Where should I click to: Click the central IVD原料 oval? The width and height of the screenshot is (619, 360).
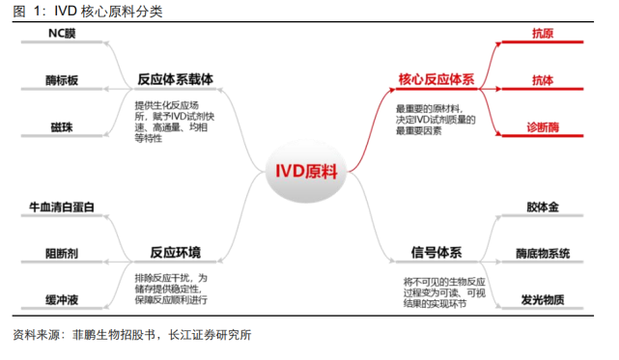[x=307, y=172]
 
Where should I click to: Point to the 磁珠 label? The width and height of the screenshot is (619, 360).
[x=62, y=125]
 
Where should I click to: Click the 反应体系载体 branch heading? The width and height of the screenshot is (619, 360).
[x=175, y=79]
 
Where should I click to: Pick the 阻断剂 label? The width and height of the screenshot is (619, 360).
[x=62, y=253]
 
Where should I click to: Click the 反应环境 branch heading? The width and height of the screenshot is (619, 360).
[x=175, y=253]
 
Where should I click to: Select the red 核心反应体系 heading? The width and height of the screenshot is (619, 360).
[x=436, y=79]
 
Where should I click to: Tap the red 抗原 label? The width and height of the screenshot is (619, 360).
[x=543, y=34]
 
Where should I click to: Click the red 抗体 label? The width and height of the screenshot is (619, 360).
[x=543, y=80]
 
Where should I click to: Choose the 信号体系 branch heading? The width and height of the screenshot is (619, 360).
[x=436, y=253]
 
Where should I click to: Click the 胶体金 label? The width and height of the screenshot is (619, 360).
[x=543, y=207]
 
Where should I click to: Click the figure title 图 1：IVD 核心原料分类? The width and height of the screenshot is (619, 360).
[x=88, y=12]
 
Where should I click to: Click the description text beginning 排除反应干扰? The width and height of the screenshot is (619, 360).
[x=171, y=289]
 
